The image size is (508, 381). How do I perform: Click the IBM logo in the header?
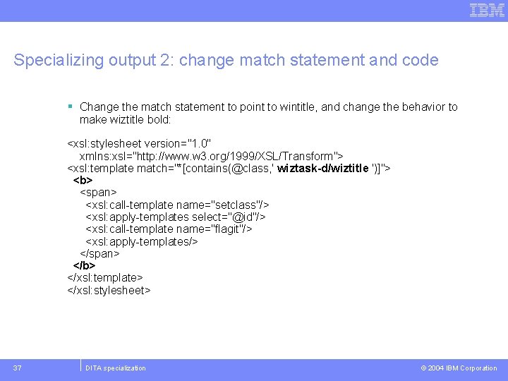point(488,10)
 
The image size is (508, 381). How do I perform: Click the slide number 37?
point(18,368)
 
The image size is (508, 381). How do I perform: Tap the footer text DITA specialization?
point(115,368)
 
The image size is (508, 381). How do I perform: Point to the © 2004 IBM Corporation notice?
point(459,368)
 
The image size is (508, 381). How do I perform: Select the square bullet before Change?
point(71,107)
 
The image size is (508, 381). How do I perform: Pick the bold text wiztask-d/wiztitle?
point(323,168)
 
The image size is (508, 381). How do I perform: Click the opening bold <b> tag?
point(83,180)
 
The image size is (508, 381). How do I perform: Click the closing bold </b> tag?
point(84,265)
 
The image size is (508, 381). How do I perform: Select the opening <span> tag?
point(98,192)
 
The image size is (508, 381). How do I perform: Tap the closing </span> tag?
point(99,253)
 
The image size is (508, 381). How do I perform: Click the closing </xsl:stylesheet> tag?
point(109,290)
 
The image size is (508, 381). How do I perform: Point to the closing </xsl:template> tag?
point(105,278)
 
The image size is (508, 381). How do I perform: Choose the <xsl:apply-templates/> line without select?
point(141,241)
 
